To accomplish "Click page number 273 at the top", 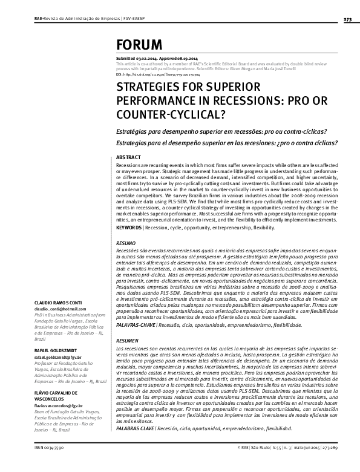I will click(x=347, y=19).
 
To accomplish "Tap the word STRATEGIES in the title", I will click(x=150, y=88).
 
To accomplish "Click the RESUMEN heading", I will click(x=127, y=341).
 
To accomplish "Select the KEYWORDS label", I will click(x=128, y=228).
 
